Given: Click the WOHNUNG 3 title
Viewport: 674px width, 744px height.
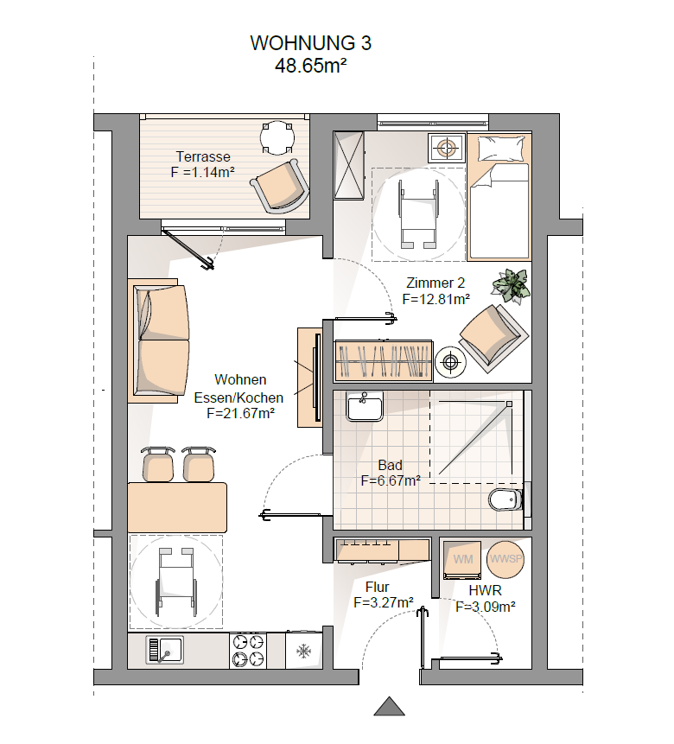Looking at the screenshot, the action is [x=310, y=43].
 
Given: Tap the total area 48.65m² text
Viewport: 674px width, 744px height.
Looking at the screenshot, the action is [x=310, y=66].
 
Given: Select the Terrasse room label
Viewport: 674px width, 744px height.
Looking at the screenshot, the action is [x=203, y=156].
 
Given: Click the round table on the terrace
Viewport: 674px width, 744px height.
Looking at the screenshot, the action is [x=277, y=137].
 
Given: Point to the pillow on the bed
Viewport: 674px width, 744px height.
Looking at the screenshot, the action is [x=501, y=148].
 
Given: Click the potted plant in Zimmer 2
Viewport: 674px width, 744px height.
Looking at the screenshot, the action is [x=511, y=285].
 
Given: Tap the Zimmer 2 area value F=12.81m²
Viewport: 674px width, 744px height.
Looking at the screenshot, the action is [x=436, y=299].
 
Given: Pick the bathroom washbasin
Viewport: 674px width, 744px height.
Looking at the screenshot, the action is [x=364, y=407].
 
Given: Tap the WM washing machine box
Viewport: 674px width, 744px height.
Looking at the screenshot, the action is [x=462, y=559].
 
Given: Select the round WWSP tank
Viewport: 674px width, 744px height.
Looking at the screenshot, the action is [x=505, y=559].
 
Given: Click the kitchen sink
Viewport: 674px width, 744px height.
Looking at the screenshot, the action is [x=164, y=650].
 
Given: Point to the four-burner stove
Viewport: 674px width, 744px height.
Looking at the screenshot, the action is [x=248, y=651].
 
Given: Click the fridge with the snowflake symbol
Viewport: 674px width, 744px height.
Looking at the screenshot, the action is [x=304, y=651].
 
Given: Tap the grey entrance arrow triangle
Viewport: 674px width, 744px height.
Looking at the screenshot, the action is [x=389, y=706].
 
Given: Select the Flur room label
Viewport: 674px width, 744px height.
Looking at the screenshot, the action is [x=378, y=587].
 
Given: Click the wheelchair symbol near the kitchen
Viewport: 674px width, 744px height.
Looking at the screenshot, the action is [x=176, y=582].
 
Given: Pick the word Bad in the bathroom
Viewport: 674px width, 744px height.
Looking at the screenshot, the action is [x=391, y=465].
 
